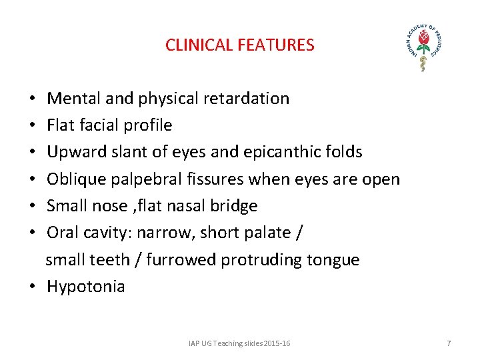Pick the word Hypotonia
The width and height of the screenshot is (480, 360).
pos(85,287)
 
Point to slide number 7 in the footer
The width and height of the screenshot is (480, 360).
pos(449,343)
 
